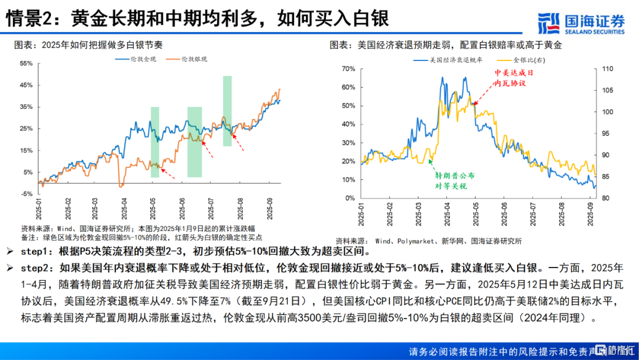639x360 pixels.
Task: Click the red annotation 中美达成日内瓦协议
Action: (x=510, y=77)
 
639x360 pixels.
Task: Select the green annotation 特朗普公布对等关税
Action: (x=454, y=181)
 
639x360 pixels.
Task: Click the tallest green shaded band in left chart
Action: (x=227, y=111)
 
